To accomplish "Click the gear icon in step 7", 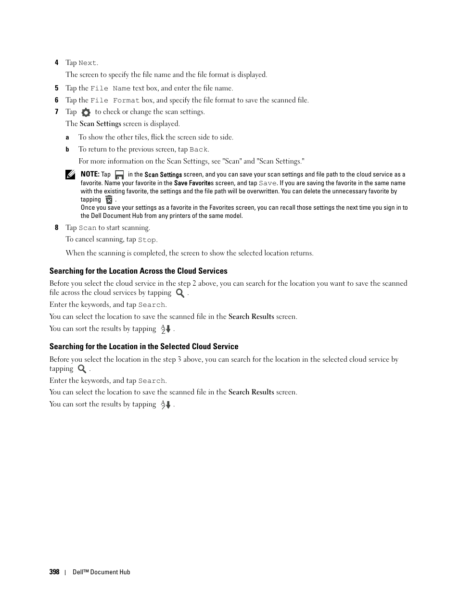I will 86,113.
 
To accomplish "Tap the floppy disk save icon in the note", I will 119,175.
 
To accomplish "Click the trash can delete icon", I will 109,200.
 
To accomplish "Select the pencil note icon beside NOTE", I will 71,175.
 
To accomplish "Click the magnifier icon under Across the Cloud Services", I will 180,293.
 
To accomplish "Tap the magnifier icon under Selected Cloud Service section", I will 82,369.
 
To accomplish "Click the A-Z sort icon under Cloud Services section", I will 166,329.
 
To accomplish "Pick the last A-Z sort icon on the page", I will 166,404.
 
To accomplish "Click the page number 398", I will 54,572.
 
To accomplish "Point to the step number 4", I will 56,63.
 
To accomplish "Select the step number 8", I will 56,227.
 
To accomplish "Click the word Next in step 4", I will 88,63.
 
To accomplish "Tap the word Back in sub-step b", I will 198,150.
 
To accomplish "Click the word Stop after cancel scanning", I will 147,240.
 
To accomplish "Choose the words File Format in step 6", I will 115,101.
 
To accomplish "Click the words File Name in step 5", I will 111,88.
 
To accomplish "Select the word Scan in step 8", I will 88,228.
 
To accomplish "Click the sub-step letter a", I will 67,138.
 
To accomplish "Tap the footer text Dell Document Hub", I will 102,572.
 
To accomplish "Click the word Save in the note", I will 268,183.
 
